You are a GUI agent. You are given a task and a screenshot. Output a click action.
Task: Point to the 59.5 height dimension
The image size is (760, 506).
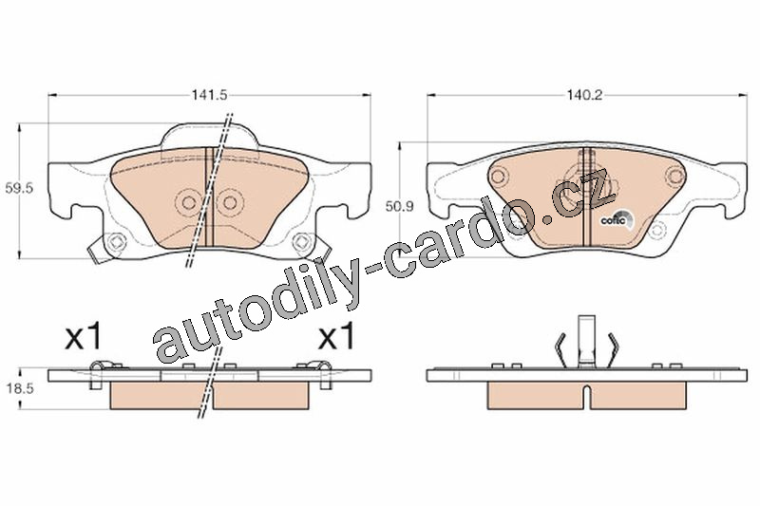(x=19, y=188)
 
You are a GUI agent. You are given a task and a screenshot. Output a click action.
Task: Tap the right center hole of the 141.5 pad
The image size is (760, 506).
(x=228, y=201)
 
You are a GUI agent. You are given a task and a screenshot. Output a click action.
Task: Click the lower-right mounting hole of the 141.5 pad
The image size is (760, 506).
(x=301, y=241)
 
